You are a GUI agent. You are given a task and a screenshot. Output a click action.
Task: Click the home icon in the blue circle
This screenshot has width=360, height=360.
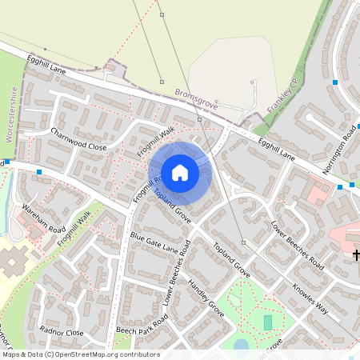180,173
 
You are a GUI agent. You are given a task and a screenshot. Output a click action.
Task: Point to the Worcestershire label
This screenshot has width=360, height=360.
12,116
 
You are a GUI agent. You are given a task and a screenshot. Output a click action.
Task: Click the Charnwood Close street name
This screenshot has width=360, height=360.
78,140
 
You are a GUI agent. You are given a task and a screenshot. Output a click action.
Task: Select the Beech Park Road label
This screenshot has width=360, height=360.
142,324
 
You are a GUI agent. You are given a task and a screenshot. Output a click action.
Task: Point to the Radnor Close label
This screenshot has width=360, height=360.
62,332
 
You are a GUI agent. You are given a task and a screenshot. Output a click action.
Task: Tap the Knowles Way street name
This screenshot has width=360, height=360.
310,299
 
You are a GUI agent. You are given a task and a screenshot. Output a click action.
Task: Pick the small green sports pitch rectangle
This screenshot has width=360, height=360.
267,322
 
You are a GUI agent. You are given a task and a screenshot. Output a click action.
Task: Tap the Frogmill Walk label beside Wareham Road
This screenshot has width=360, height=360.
74,227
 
